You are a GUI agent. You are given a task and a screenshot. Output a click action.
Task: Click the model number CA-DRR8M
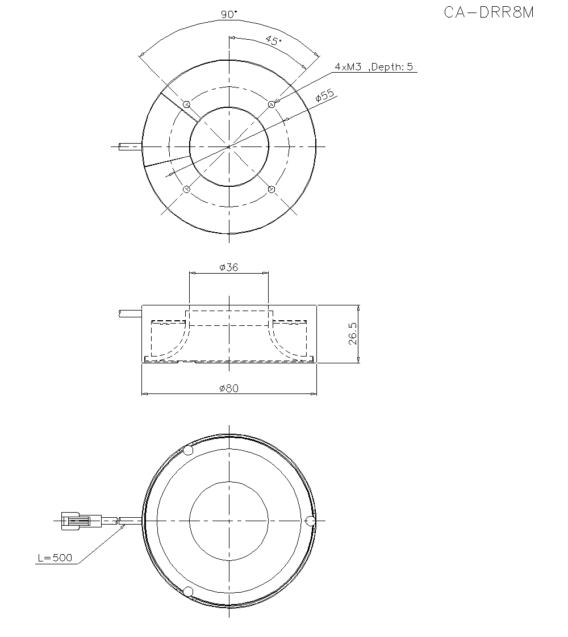click(x=488, y=12)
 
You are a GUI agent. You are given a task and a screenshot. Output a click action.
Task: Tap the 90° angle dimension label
click(x=229, y=15)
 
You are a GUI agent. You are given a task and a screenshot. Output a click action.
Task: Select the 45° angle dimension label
click(x=273, y=40)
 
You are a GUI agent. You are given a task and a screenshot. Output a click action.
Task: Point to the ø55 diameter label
click(x=325, y=96)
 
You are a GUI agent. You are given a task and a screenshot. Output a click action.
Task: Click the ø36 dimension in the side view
click(x=228, y=267)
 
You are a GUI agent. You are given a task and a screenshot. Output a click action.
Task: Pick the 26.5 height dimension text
click(x=353, y=334)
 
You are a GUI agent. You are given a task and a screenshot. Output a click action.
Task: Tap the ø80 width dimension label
click(x=229, y=388)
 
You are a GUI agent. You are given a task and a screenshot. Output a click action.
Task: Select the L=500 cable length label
click(x=55, y=558)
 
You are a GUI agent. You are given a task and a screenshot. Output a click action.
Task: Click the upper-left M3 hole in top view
click(x=186, y=104)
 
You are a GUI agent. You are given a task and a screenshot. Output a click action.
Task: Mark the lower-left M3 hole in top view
click(x=186, y=189)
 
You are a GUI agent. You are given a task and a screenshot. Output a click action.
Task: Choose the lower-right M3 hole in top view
click(x=272, y=189)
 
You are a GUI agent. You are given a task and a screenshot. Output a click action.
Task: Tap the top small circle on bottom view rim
click(x=189, y=450)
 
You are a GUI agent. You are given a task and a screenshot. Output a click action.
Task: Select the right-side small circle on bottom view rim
click(x=310, y=521)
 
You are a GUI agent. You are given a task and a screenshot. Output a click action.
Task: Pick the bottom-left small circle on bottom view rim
click(x=189, y=592)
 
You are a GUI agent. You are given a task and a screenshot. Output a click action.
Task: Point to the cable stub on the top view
click(x=130, y=147)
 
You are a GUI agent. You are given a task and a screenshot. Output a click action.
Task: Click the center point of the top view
click(x=229, y=147)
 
